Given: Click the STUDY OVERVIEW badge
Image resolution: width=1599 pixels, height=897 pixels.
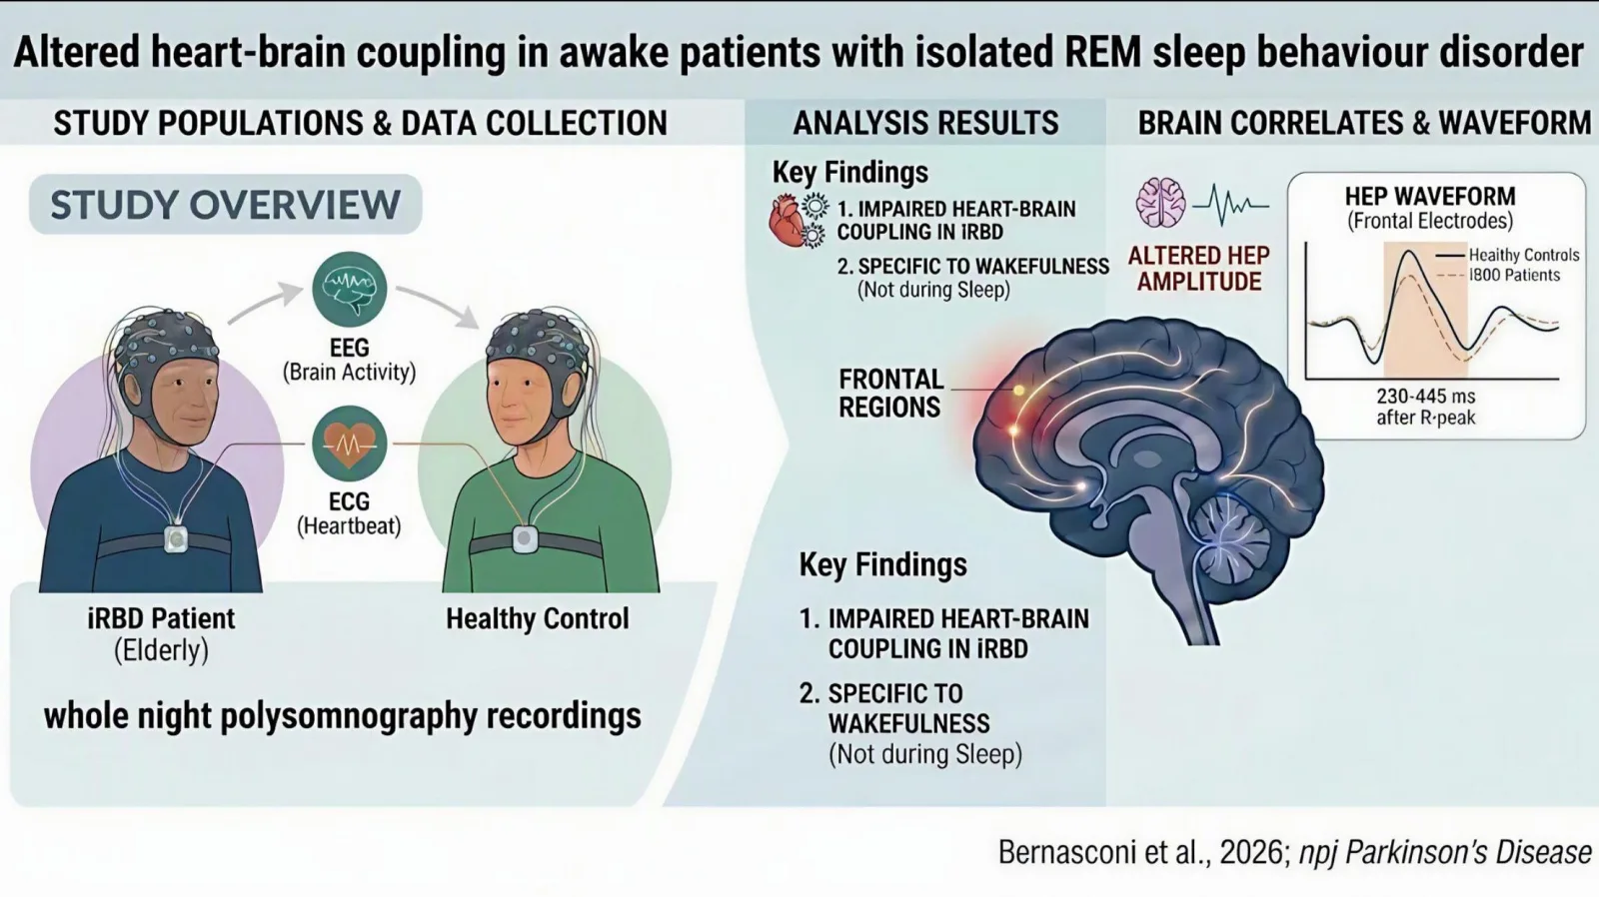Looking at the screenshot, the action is coord(225,204).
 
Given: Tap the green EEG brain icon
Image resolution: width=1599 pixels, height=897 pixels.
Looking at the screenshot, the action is coord(349,289).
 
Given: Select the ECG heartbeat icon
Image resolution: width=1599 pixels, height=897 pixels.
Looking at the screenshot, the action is coord(349,444).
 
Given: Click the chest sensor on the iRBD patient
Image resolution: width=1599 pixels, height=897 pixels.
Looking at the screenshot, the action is coord(176,538).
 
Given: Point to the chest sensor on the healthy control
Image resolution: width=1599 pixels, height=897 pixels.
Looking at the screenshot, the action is coord(525,539).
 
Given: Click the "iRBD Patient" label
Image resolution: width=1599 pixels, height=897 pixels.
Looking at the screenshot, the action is coord(161,618).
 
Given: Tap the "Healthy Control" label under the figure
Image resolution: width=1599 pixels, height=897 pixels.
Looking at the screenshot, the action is coord(538,618).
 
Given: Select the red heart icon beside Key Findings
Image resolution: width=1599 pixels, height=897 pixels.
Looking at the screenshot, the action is coord(788,221).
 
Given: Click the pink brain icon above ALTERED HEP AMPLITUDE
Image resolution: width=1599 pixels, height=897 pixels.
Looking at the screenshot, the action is coord(1160,204).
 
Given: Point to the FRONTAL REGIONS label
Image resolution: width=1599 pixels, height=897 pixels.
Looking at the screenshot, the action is coord(890,394).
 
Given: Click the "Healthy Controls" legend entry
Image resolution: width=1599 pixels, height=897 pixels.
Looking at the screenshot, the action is coord(1524,255).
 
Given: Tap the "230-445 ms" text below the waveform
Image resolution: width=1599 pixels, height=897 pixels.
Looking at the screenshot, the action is coord(1425,396).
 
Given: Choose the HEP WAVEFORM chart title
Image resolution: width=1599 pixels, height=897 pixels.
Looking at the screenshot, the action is coord(1430,196).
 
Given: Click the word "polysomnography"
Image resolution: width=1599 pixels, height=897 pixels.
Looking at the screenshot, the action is coord(349,717).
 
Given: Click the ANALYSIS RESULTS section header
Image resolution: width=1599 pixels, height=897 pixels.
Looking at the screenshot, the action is coord(925,123).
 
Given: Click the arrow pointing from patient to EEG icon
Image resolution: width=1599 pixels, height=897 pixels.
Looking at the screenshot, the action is coord(265,302).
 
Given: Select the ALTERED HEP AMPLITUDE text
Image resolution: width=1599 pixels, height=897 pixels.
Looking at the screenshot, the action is coord(1198,269).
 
